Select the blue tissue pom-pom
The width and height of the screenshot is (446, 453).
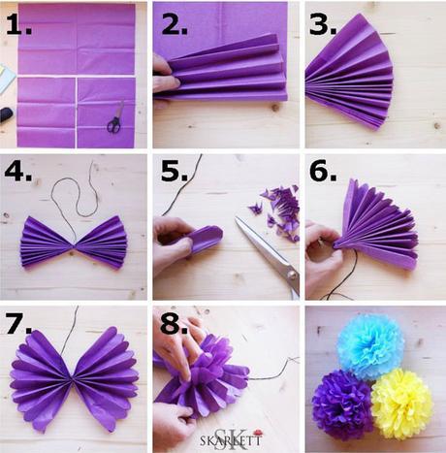point(370,345)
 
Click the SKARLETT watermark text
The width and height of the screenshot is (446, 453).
point(231,437)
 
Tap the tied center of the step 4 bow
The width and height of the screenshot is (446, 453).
point(76,240)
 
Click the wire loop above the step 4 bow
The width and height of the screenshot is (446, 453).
point(78,189)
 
